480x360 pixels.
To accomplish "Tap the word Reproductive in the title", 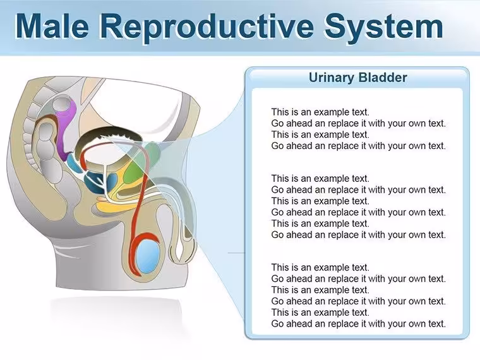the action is pos(207,28).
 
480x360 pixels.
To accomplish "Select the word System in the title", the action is pos(384,28).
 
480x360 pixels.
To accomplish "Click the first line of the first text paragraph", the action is pos(320,112).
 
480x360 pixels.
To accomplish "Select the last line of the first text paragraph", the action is pos(359,146).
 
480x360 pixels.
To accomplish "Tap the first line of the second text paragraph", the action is pos(320,179).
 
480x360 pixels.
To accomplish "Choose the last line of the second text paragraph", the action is pos(359,235).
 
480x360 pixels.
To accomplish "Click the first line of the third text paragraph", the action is pos(320,268).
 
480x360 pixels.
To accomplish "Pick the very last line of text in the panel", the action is pos(359,324).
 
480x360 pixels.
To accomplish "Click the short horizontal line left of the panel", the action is pos(237,253).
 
